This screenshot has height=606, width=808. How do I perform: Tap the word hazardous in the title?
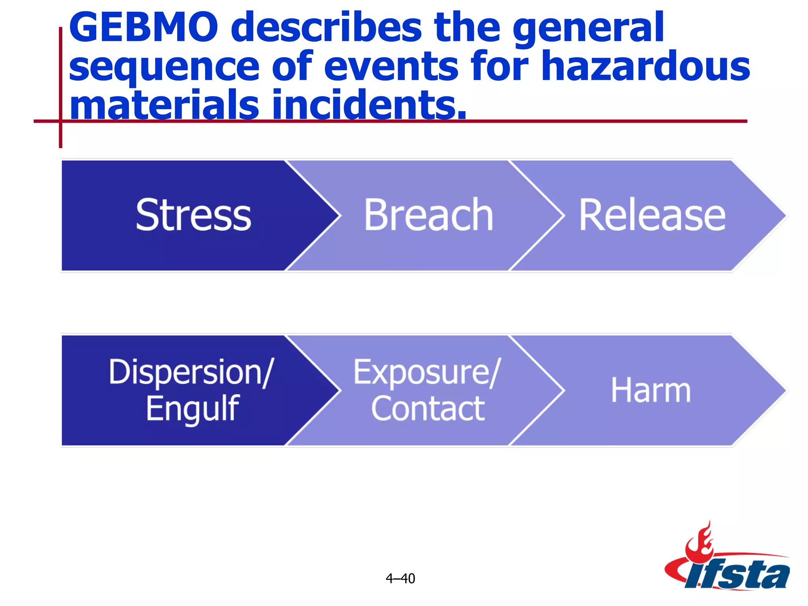[645, 66]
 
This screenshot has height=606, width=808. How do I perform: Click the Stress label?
[193, 215]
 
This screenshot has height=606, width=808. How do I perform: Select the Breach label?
[428, 215]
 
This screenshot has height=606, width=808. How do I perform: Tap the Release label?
[652, 215]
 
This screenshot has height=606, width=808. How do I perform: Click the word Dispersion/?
[191, 372]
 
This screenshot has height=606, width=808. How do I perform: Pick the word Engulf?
[193, 409]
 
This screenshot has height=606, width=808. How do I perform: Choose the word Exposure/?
[427, 372]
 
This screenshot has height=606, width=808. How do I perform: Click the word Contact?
[428, 409]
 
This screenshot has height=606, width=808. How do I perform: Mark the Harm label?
[651, 390]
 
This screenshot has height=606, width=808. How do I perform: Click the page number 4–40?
[400, 578]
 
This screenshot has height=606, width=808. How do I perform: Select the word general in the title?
[588, 28]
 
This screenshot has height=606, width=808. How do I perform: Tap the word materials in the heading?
[164, 104]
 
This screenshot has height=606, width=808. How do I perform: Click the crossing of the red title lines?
[60, 121]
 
